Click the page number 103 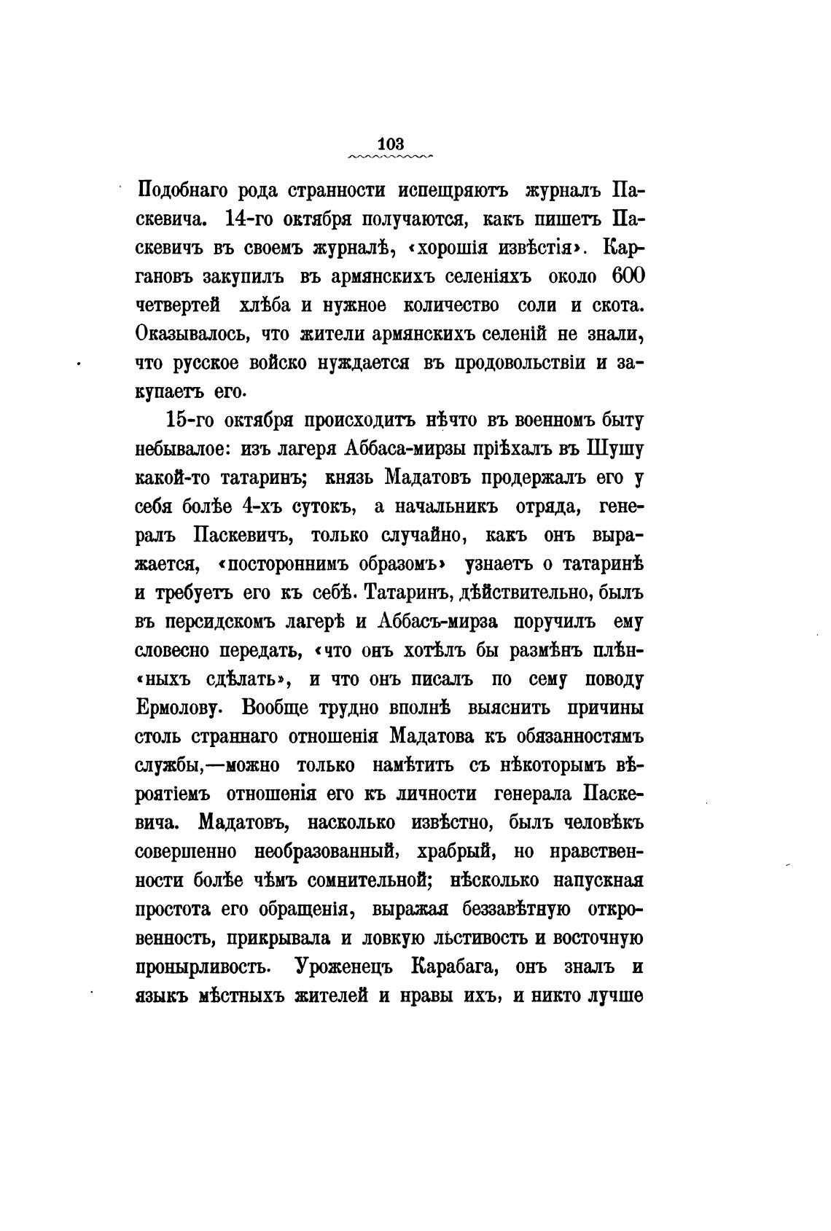(391, 143)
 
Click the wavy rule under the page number (391, 156)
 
